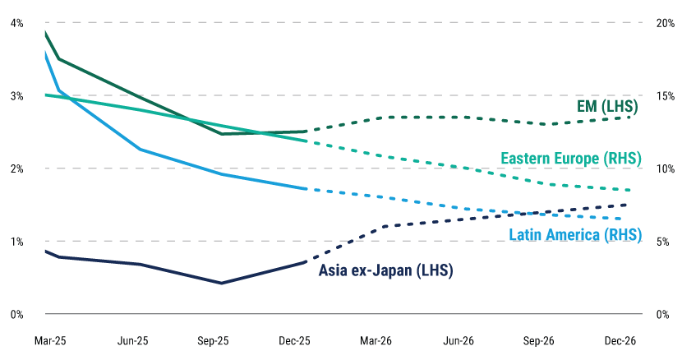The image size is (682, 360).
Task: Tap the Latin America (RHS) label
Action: point(574,235)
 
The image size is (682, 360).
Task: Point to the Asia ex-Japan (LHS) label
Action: point(385,270)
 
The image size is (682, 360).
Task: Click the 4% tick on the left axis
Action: point(16,23)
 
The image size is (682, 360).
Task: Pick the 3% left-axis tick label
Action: point(16,95)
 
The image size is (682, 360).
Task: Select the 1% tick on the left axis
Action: point(16,242)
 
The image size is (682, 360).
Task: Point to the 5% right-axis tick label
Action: point(663,242)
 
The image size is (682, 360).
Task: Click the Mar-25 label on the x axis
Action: point(51,339)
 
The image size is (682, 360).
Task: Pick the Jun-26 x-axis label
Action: point(459,339)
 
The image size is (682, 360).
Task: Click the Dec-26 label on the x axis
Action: point(620,339)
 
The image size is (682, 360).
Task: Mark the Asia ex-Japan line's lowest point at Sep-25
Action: point(221,283)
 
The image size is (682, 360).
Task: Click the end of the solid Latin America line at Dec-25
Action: point(305,189)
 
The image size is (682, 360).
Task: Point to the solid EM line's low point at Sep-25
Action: point(221,134)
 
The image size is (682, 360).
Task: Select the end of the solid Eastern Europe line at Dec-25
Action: point(305,141)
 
